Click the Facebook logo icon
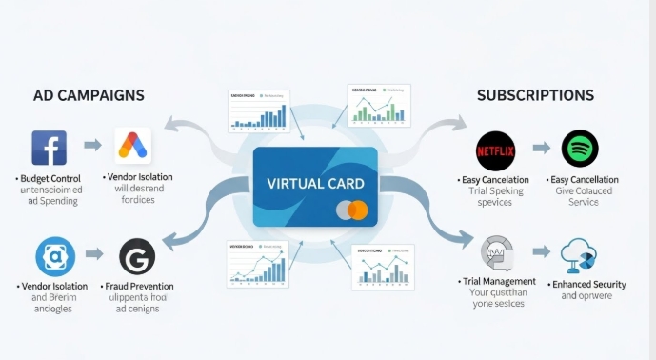point(49,148)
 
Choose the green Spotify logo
point(580,149)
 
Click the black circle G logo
point(137,257)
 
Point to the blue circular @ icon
point(54,257)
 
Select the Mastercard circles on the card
point(351,210)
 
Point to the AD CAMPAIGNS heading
point(89,96)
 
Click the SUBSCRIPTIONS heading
point(535,95)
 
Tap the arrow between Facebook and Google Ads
point(92,146)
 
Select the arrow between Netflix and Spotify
point(541,149)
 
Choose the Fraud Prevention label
point(140,286)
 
